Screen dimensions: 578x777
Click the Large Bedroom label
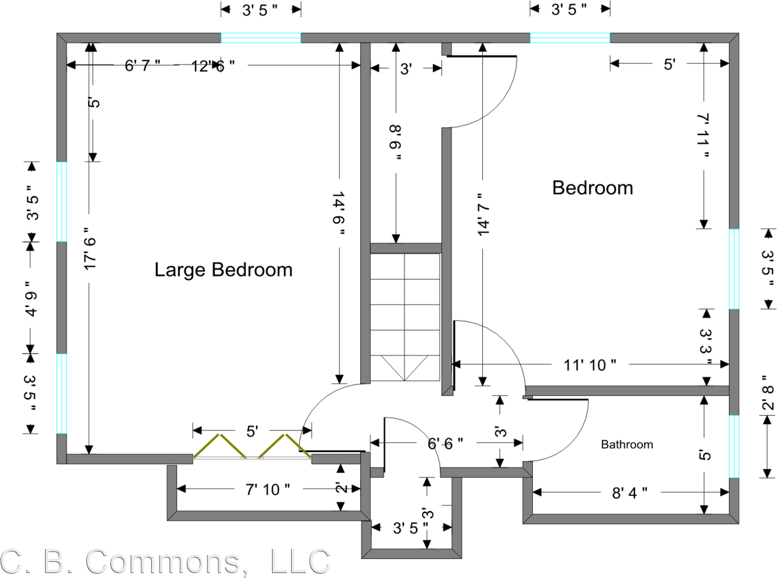pos(223,270)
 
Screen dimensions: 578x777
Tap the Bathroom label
pos(627,444)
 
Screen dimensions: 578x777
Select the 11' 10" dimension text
pos(590,365)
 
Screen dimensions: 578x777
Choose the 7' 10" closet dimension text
pos(268,489)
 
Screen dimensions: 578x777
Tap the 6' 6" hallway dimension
pos(445,442)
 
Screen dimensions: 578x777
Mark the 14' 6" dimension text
pos(339,213)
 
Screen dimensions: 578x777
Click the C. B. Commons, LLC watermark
pos(165,561)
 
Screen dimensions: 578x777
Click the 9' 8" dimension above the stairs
pos(395,142)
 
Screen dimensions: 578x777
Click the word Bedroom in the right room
pos(592,188)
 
